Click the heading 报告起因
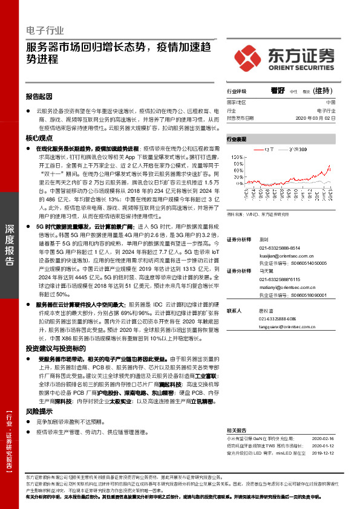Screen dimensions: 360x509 click(39, 97)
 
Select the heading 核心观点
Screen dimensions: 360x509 click(39, 138)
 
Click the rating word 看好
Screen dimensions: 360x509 click(278, 91)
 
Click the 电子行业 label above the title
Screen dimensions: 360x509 click(45, 30)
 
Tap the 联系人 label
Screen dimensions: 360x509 click(234, 311)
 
